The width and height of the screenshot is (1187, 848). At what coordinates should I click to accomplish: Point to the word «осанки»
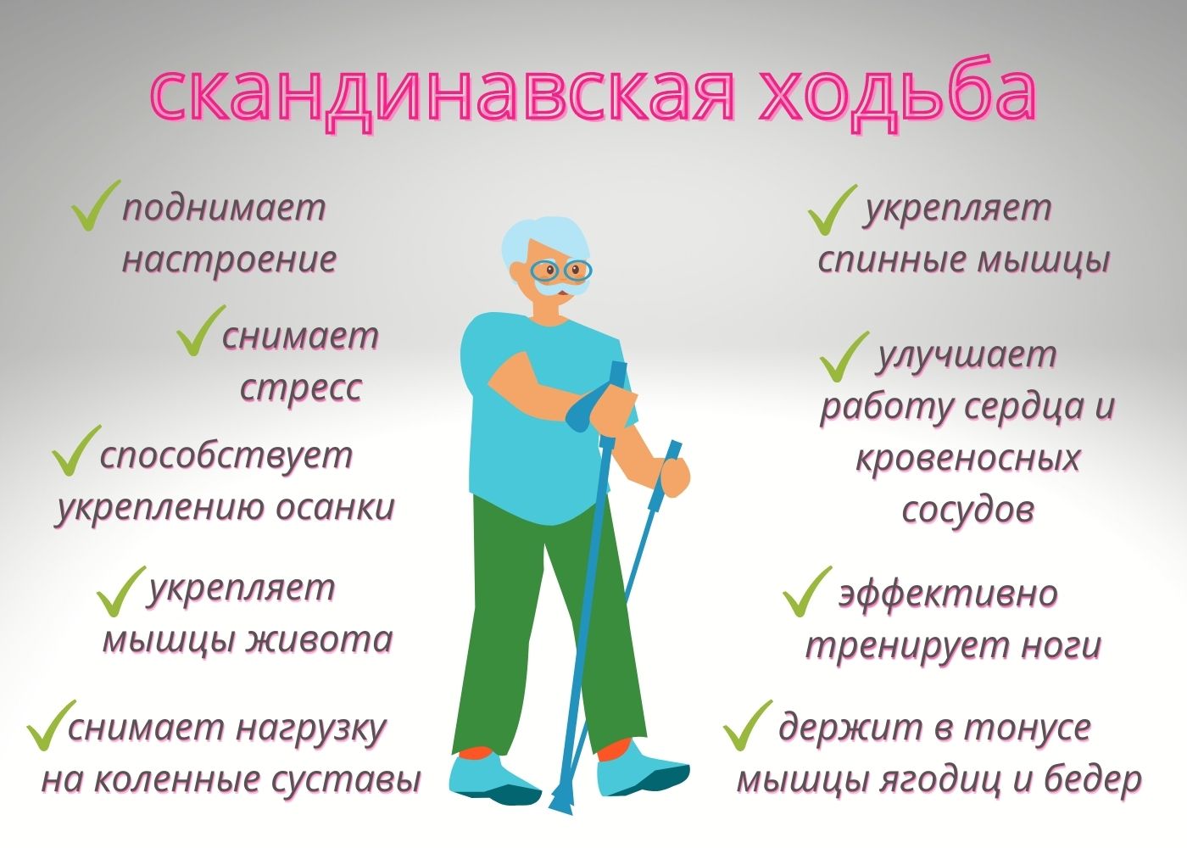pyautogui.click(x=336, y=507)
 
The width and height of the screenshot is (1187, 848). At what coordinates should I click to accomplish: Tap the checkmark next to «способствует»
pyautogui.click(x=76, y=450)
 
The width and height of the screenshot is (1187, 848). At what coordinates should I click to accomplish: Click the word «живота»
pyautogui.click(x=321, y=639)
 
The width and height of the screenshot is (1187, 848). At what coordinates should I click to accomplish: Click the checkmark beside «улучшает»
pyautogui.click(x=844, y=356)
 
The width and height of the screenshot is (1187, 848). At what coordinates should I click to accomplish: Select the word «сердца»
pyautogui.click(x=1018, y=407)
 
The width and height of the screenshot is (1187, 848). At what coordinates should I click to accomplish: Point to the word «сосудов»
pyautogui.click(x=968, y=509)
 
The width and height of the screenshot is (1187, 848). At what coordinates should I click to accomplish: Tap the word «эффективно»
pyautogui.click(x=948, y=594)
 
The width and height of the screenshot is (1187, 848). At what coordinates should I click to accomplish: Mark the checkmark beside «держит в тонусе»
pyautogui.click(x=748, y=725)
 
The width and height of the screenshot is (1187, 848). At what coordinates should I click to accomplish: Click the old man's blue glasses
pyautogui.click(x=560, y=271)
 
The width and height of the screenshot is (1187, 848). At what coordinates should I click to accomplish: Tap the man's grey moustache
pyautogui.click(x=560, y=289)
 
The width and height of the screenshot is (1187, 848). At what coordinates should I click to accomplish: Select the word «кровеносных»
pyautogui.click(x=968, y=458)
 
